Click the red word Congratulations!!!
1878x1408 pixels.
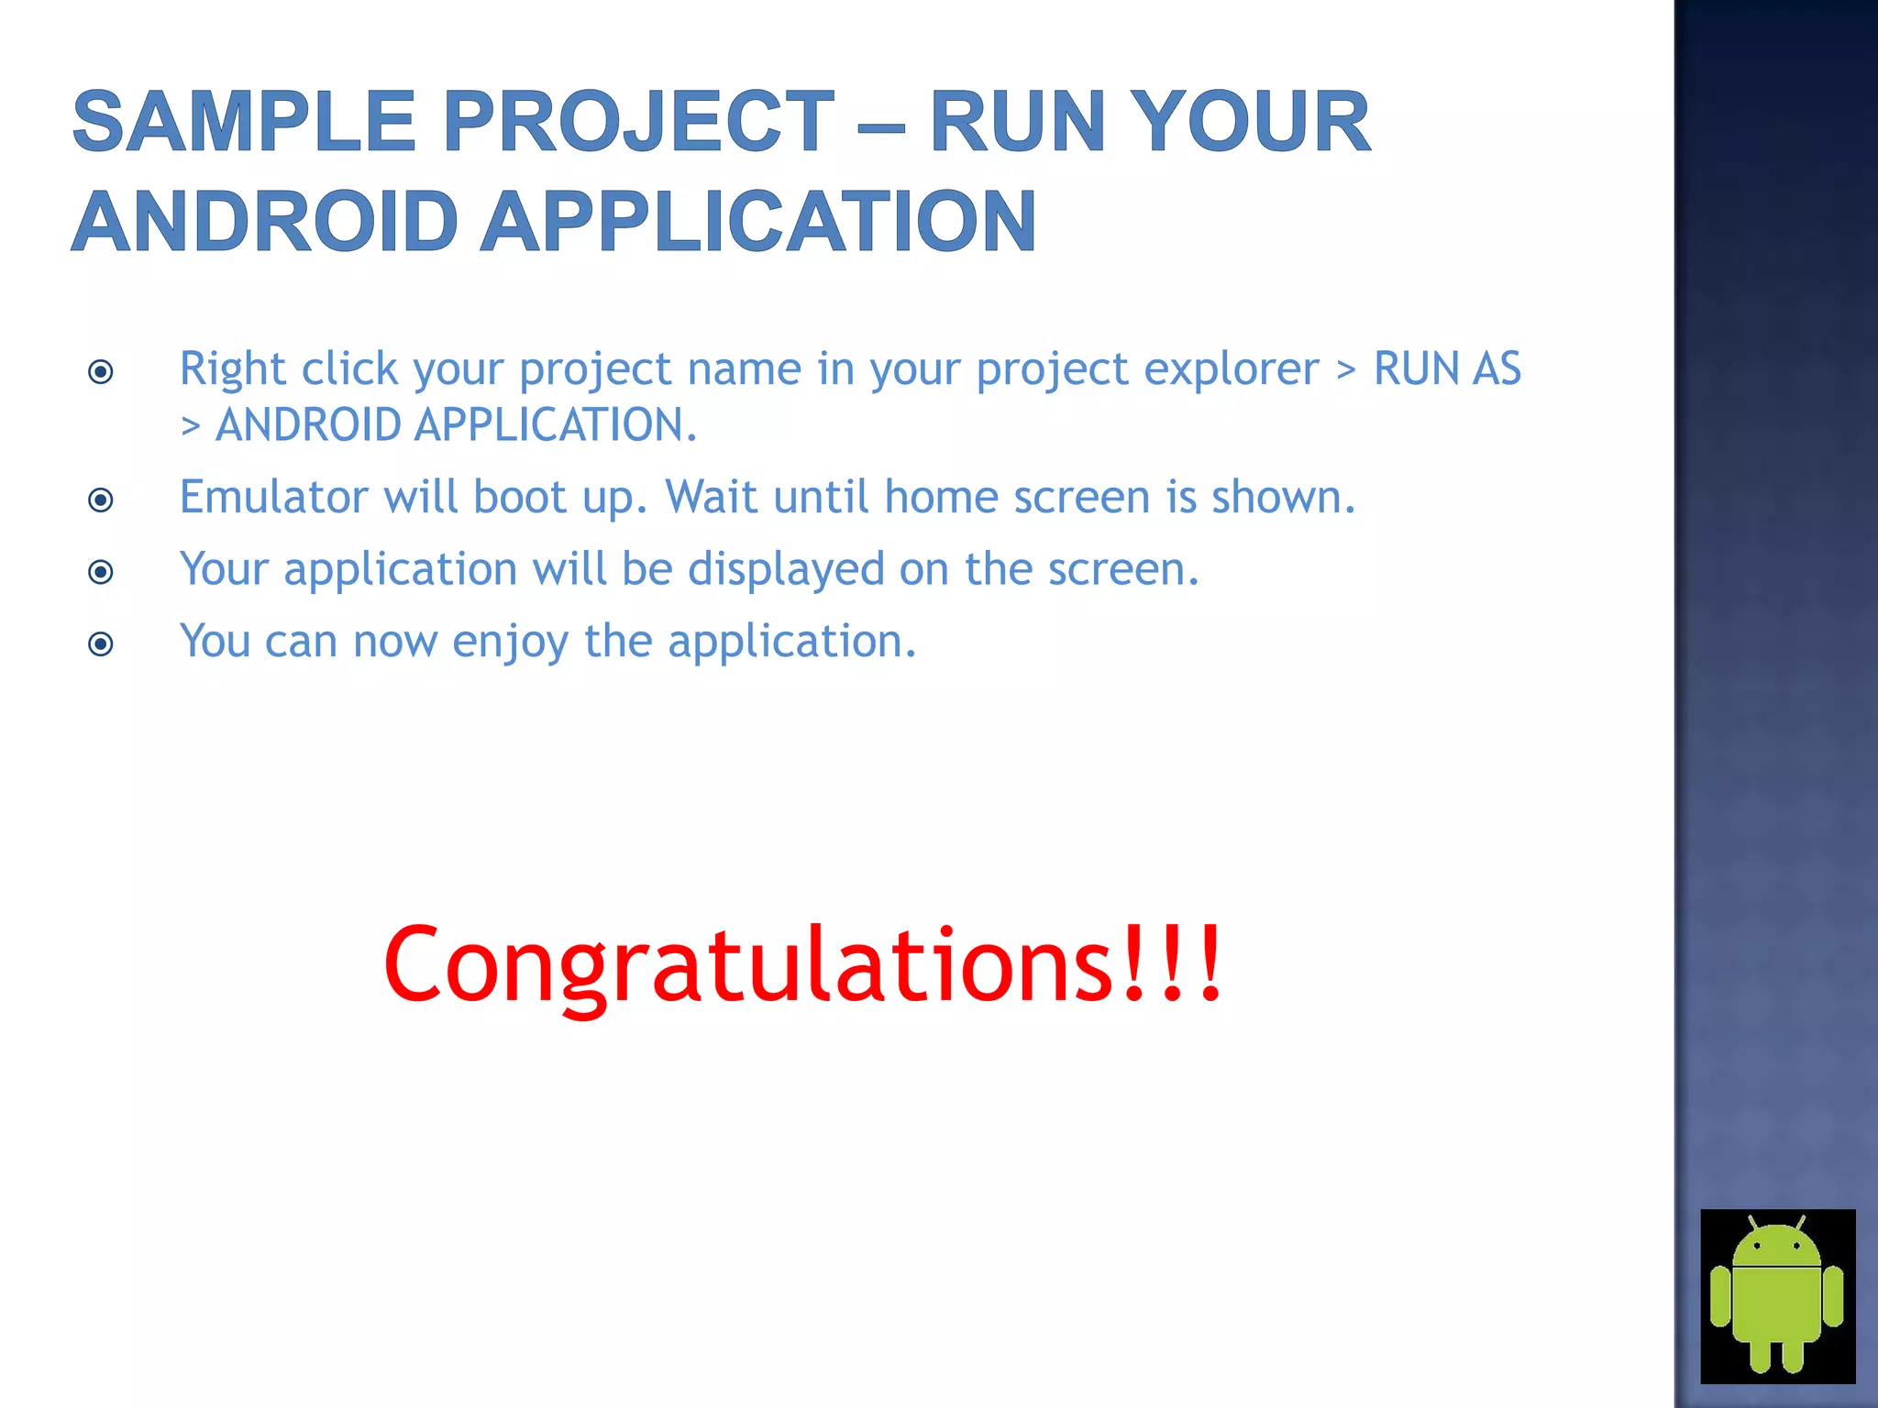[x=802, y=964]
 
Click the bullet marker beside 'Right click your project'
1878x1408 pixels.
[x=101, y=371]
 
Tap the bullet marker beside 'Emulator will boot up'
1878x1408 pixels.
[x=101, y=500]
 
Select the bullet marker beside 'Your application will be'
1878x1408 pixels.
[x=101, y=572]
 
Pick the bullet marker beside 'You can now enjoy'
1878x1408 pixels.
[x=101, y=643]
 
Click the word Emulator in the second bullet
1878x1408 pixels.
[x=272, y=498]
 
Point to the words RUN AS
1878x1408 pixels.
[x=1446, y=369]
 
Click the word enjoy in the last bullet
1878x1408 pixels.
[x=510, y=643]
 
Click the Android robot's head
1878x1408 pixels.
[x=1777, y=1247]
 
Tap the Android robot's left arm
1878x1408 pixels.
[x=1720, y=1296]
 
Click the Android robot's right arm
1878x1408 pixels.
[x=1833, y=1296]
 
